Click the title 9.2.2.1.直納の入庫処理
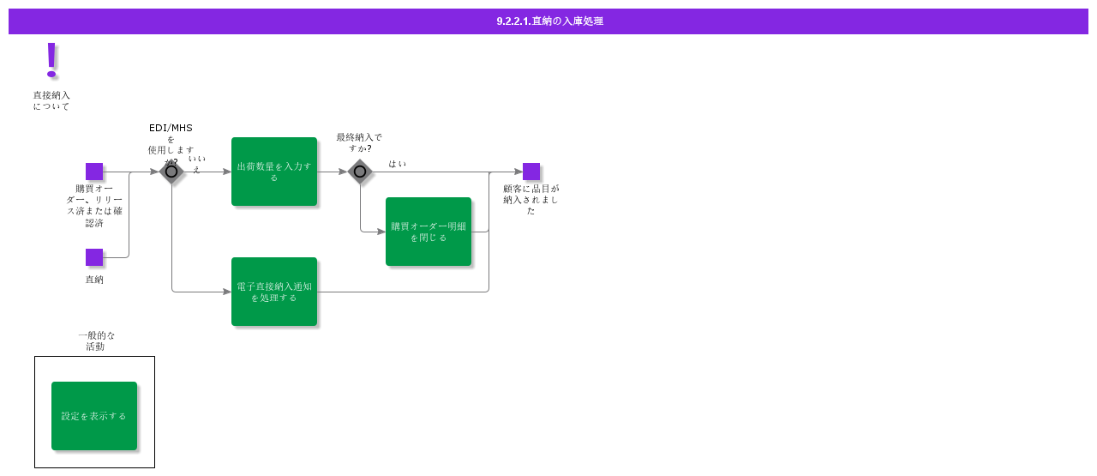point(549,21)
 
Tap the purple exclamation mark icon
point(51,59)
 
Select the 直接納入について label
point(51,100)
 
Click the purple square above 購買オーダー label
point(94,172)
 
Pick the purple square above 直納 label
point(94,257)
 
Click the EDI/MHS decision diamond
point(171,172)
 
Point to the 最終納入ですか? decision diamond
point(360,172)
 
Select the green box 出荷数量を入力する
point(274,172)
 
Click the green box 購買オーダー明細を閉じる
point(429,232)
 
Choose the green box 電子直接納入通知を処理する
point(274,292)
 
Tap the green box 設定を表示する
point(94,416)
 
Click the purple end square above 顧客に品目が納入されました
point(531,172)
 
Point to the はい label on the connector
point(397,163)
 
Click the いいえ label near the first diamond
point(196,164)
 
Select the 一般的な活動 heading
point(96,340)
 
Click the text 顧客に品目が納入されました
point(531,199)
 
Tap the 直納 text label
point(94,280)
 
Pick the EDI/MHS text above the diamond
point(171,128)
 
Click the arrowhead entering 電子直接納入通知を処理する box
point(227,292)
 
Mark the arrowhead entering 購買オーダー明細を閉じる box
point(381,232)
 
